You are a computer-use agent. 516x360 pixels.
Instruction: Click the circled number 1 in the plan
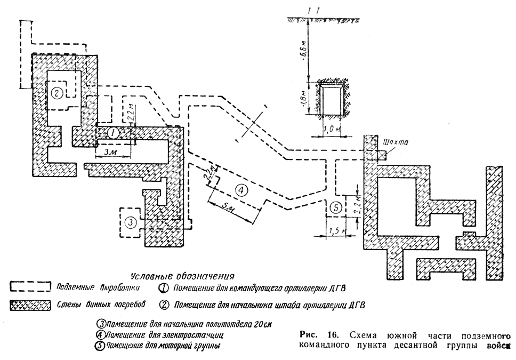click(x=112, y=133)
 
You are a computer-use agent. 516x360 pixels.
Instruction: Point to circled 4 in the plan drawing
click(x=241, y=189)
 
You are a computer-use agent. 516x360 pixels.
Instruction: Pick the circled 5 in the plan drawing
click(x=335, y=208)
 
